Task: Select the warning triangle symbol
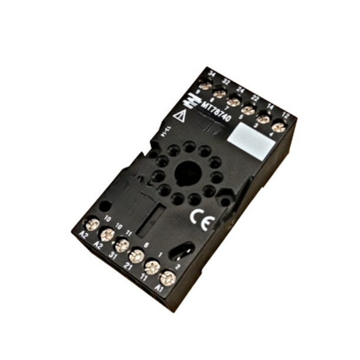tap(180, 116)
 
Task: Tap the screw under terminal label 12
tap(278, 126)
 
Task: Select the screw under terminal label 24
tap(234, 102)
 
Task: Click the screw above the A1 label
tap(168, 277)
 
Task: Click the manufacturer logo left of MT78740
tap(193, 98)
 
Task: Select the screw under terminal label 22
tap(248, 110)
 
